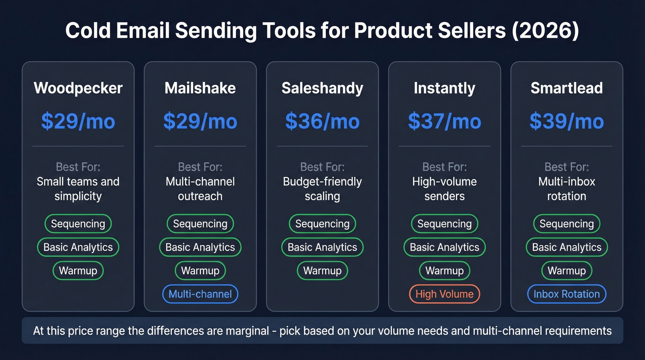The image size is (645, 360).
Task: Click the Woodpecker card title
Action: click(x=78, y=88)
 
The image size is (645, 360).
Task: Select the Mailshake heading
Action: click(x=200, y=88)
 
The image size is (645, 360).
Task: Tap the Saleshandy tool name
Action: click(x=322, y=88)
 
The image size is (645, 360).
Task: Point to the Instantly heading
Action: click(x=444, y=88)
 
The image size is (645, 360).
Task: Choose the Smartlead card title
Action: click(x=566, y=88)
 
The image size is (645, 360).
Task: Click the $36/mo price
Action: click(x=322, y=121)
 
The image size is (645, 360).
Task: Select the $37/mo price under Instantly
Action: click(x=444, y=121)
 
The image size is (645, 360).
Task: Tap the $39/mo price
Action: click(x=566, y=121)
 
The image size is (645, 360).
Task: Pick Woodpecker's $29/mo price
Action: click(x=78, y=121)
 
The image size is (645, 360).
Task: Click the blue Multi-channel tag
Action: click(x=200, y=294)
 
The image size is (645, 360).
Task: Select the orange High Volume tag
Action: click(x=444, y=294)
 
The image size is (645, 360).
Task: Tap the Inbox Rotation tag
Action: click(x=566, y=294)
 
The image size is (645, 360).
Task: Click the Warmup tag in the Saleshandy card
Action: click(x=322, y=271)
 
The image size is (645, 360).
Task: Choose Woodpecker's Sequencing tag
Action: click(x=78, y=224)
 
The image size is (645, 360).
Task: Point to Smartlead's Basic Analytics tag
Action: click(x=566, y=247)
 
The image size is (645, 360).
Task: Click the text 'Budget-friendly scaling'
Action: click(x=322, y=189)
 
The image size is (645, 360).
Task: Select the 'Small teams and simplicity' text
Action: click(x=78, y=189)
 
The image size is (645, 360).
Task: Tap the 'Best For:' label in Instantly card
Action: click(x=444, y=166)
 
